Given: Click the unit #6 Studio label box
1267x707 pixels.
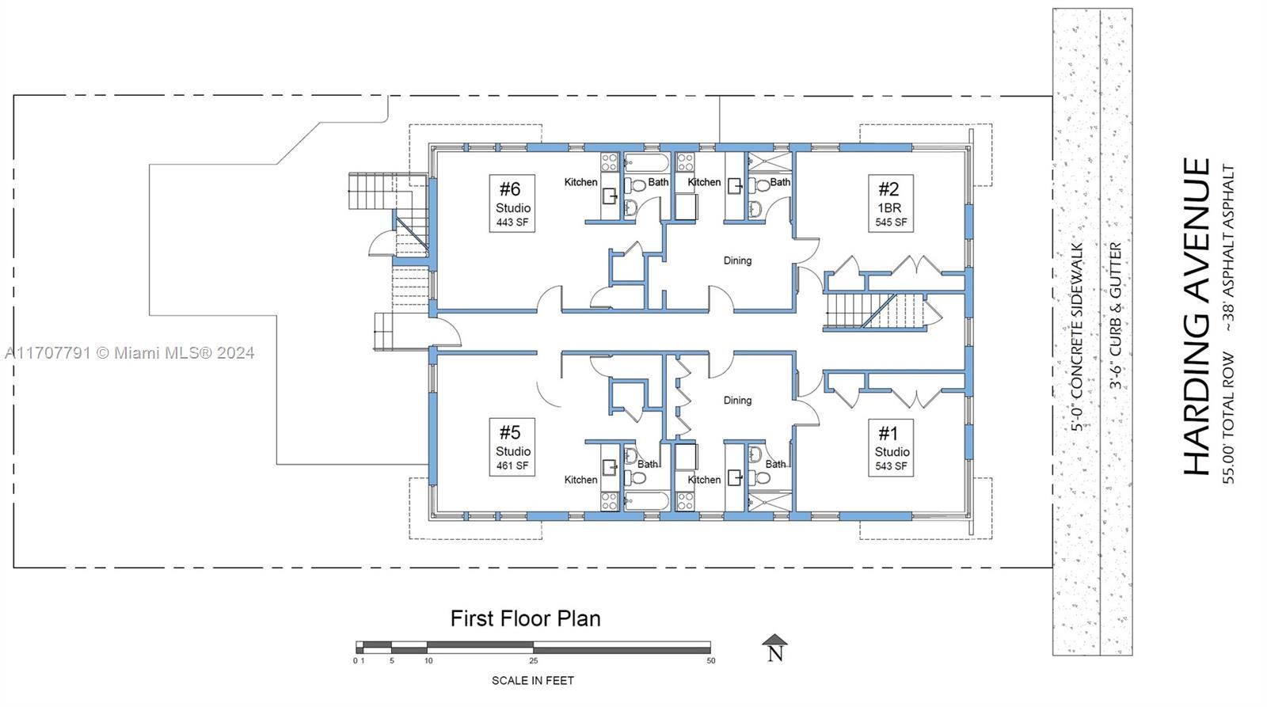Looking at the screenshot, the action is [x=512, y=203].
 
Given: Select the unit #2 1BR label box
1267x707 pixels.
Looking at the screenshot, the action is [x=891, y=203].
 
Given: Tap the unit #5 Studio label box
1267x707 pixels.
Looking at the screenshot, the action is [x=512, y=447].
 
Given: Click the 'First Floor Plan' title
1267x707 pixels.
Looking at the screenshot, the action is [x=526, y=619].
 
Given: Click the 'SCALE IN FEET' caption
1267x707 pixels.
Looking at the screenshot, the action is [x=533, y=681].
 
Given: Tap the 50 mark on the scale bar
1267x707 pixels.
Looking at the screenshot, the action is [x=711, y=660].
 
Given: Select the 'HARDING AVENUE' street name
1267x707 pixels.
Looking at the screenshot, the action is [x=1197, y=317].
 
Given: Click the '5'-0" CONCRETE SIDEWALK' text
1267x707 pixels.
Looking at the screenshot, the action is [x=1077, y=337].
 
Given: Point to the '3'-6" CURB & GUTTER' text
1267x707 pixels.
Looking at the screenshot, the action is [x=1116, y=316].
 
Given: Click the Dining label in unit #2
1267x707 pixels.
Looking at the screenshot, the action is [x=737, y=260].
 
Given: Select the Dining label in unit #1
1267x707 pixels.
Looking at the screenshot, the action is [x=737, y=401].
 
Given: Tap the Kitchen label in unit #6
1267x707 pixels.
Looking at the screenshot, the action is [x=581, y=182].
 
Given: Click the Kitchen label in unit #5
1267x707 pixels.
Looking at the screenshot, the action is [x=581, y=480].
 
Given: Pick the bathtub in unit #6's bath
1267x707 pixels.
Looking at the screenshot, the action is [x=646, y=163].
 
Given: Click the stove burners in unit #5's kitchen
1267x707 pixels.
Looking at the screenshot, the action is [x=609, y=501].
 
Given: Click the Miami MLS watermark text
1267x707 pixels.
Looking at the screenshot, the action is [x=130, y=353].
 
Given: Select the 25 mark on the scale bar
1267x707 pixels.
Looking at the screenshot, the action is [x=534, y=660].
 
